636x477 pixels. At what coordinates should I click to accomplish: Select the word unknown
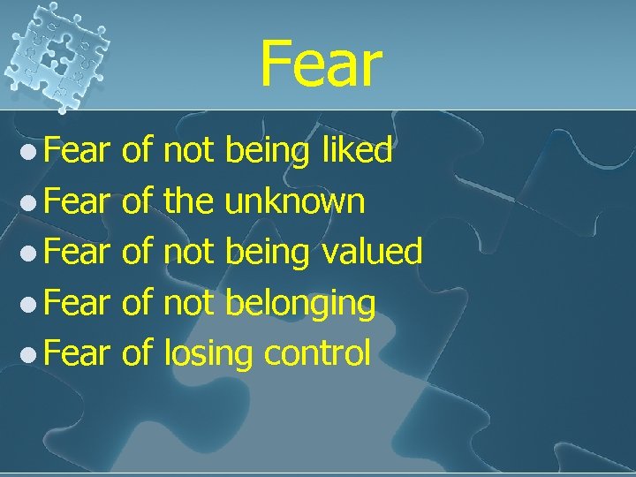(x=295, y=201)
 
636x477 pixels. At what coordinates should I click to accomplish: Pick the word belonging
(x=301, y=304)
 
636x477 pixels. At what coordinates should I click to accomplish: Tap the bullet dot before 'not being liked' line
(x=30, y=152)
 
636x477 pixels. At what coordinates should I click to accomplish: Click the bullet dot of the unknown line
(x=30, y=203)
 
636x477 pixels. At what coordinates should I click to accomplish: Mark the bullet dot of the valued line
(x=30, y=254)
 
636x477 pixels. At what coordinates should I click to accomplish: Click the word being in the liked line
(x=267, y=153)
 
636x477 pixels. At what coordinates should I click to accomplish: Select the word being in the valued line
(x=267, y=254)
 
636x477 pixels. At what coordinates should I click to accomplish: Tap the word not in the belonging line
(x=190, y=303)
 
